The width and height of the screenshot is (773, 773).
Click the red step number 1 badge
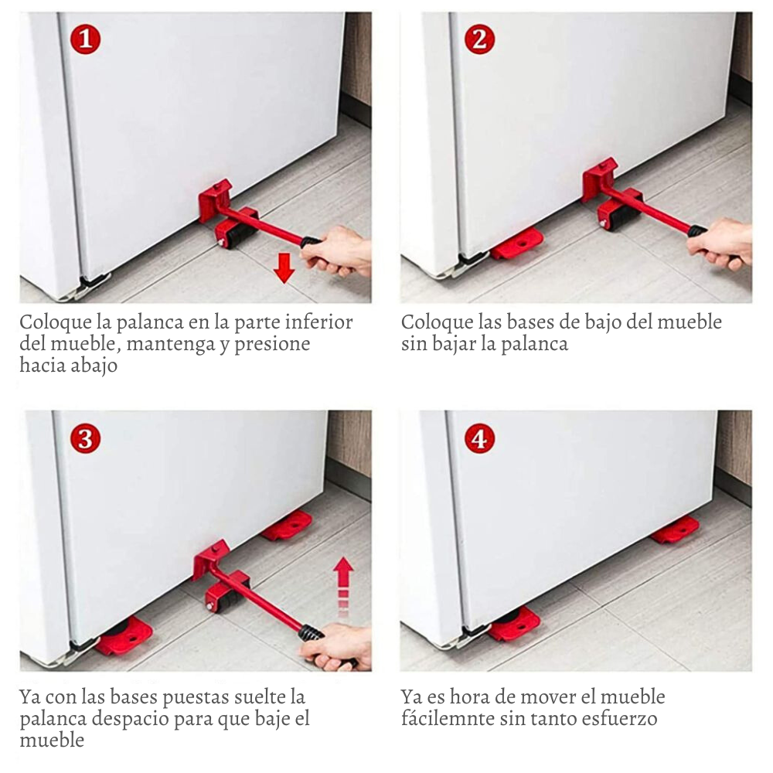click(x=85, y=39)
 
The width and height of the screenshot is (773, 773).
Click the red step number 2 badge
click(x=480, y=39)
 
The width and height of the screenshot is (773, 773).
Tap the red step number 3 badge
click(x=85, y=438)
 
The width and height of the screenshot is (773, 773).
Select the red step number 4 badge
click(x=480, y=438)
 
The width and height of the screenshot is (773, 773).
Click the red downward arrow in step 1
click(x=284, y=267)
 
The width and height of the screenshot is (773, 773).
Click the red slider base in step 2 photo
click(x=518, y=244)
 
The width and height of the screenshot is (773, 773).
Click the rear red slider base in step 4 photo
click(x=676, y=532)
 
